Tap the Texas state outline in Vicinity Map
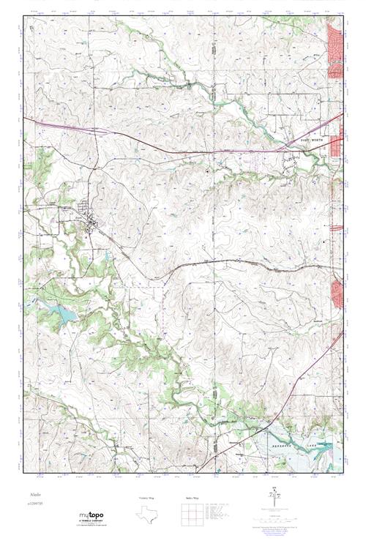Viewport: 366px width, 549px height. tap(146, 515)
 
